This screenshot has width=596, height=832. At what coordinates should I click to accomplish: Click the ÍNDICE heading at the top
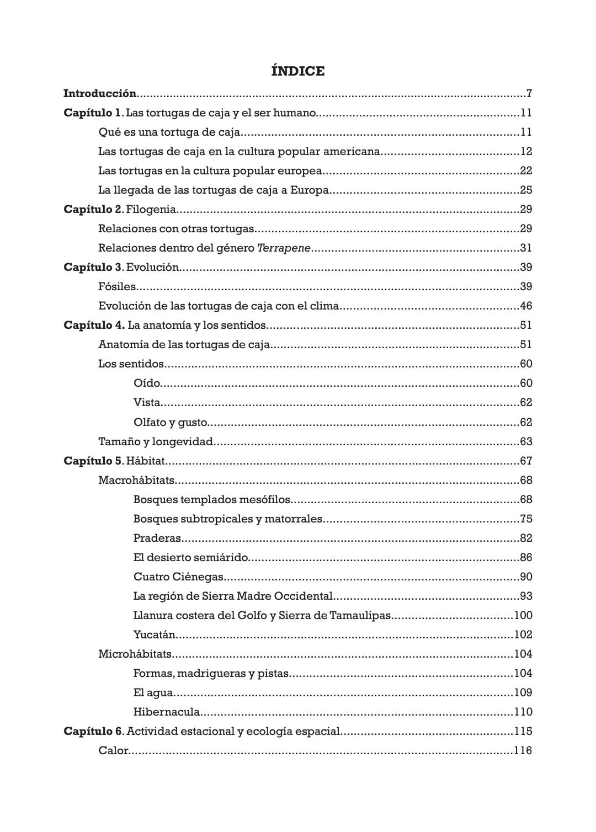pos(298,71)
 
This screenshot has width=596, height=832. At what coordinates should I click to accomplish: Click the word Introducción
pos(100,93)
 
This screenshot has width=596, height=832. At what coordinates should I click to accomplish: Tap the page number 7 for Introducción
pos(529,93)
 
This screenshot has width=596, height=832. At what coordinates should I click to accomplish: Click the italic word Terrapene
pos(284,248)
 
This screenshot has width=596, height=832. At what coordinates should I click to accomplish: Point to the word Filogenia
pos(151,209)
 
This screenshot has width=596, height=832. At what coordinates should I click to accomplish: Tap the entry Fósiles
pos(116,286)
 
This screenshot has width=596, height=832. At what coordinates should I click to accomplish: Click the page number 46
pos(525,306)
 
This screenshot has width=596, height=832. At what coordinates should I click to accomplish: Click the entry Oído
pos(146,383)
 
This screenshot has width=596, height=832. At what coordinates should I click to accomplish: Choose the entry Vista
pos(146,402)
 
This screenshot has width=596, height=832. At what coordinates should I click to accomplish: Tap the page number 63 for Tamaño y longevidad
pos(525,441)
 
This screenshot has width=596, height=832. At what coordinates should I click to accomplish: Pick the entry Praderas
pos(157,538)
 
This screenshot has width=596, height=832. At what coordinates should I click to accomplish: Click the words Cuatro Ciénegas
pos(178,577)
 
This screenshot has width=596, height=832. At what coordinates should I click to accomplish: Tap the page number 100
pos(523,615)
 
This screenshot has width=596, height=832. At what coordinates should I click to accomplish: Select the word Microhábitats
pos(135,654)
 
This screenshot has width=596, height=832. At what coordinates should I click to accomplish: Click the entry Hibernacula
pos(166,712)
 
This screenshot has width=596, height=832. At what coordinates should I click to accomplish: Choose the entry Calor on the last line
pos(113,750)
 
